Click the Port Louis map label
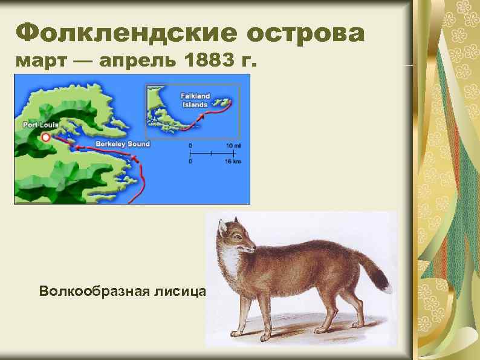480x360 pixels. [x=41, y=125]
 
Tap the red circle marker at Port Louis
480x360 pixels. [x=45, y=137]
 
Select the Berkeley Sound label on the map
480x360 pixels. [x=122, y=145]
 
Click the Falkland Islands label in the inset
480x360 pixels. [x=195, y=100]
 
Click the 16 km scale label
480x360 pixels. [x=233, y=162]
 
